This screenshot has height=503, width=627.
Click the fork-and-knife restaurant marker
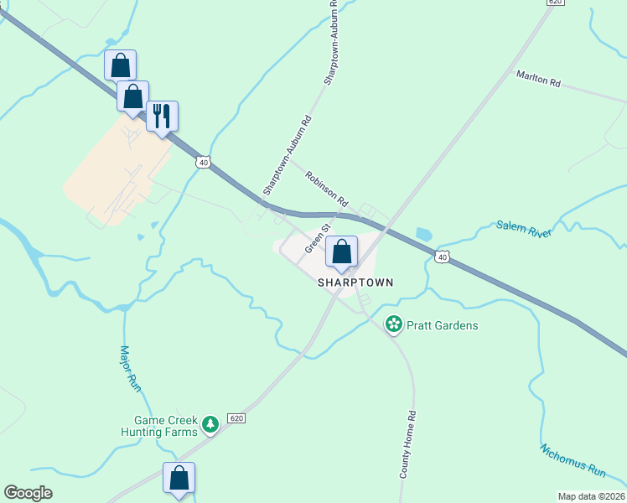pyautogui.click(x=162, y=117)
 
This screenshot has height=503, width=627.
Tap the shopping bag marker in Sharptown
pyautogui.click(x=341, y=251)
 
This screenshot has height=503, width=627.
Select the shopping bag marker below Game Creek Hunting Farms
pyautogui.click(x=179, y=479)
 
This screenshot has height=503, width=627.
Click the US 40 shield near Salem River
pyautogui.click(x=443, y=257)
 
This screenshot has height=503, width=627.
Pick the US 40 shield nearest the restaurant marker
pyautogui.click(x=202, y=161)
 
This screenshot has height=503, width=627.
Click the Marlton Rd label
pyautogui.click(x=537, y=80)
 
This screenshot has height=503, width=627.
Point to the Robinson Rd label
pyautogui.click(x=327, y=189)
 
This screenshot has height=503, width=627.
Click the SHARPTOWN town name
pyautogui.click(x=355, y=283)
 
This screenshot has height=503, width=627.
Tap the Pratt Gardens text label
pyautogui.click(x=443, y=324)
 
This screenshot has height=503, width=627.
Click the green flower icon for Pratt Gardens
pyautogui.click(x=392, y=324)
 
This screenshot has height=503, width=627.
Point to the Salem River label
pyautogui.click(x=525, y=228)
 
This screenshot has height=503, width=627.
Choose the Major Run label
pyautogui.click(x=129, y=368)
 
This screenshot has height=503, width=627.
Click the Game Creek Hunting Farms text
pyautogui.click(x=165, y=426)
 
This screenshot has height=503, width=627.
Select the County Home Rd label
pyautogui.click(x=408, y=444)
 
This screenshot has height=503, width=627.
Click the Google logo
pyautogui.click(x=28, y=493)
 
